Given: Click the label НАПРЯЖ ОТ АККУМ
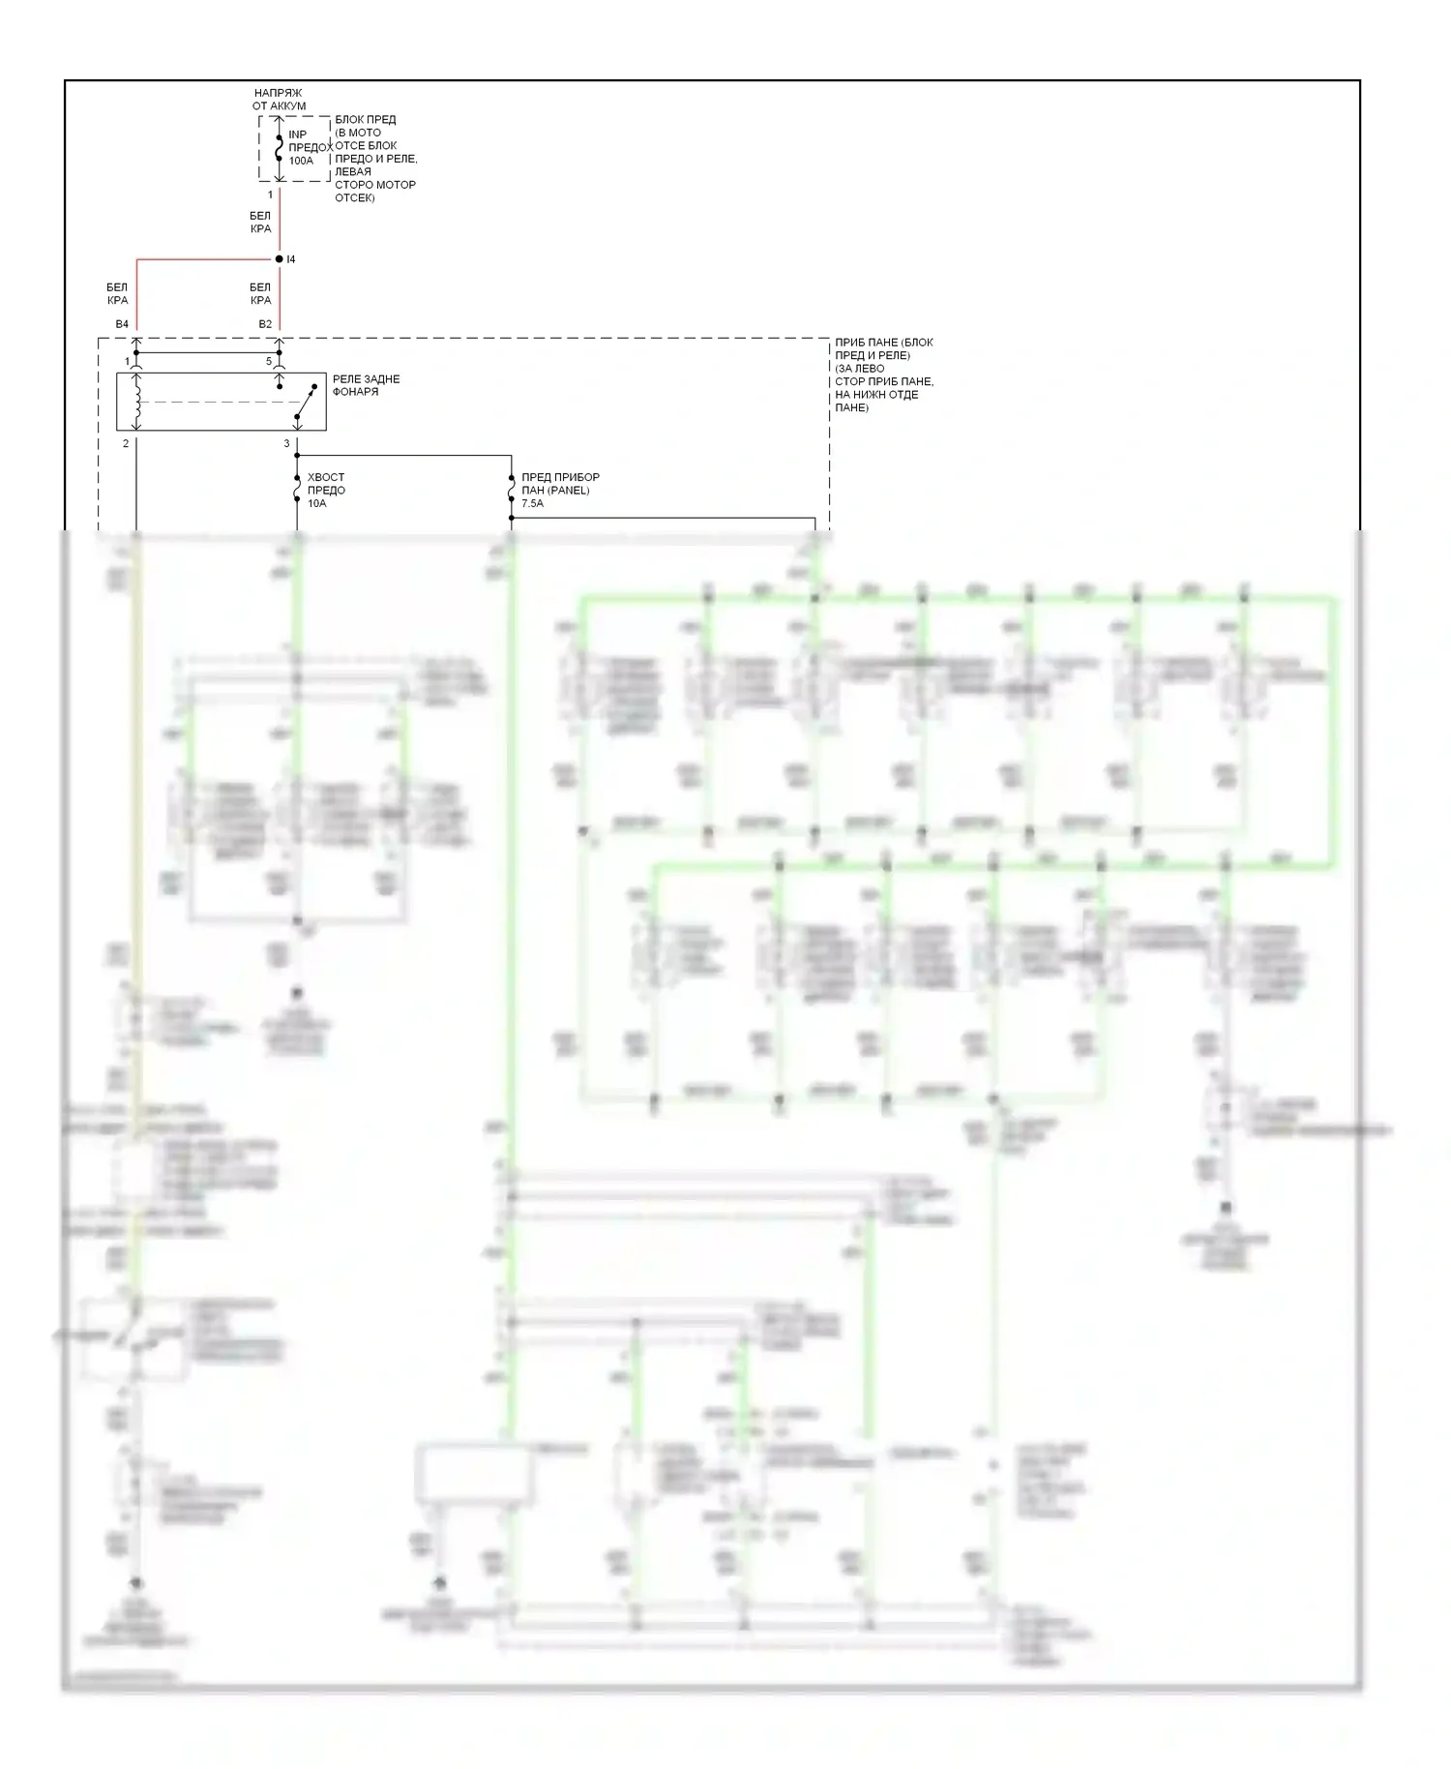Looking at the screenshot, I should pos(279,99).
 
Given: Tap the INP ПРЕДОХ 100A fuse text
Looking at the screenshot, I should pos(310,147).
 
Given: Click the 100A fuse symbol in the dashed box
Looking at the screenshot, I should pos(280,148).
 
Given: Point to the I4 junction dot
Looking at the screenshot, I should pos(280,259).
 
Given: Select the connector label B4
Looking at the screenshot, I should pos(122,324).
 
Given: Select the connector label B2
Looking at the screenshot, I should pos(265,324).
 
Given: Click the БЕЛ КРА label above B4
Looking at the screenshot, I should pos(117,293).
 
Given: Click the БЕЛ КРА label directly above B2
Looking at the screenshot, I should pos(260,293).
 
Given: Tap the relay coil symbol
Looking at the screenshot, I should pos(136,403).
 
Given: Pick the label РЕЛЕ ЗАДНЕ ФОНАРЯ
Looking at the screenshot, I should pos(366,385).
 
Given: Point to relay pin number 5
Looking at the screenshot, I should pos(270,361).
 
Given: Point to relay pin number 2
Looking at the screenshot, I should pos(126,443).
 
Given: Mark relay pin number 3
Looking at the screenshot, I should pos(286,443).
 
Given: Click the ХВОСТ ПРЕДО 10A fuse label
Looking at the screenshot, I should pos(325,490).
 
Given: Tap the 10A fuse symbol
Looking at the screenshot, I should pos(297,490).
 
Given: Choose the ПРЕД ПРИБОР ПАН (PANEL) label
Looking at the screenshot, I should pos(560,483).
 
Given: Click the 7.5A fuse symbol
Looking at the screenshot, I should pos(511,490).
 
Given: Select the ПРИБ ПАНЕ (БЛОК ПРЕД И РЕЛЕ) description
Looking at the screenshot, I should pos(884,375).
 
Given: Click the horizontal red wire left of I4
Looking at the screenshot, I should pos(207,259).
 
